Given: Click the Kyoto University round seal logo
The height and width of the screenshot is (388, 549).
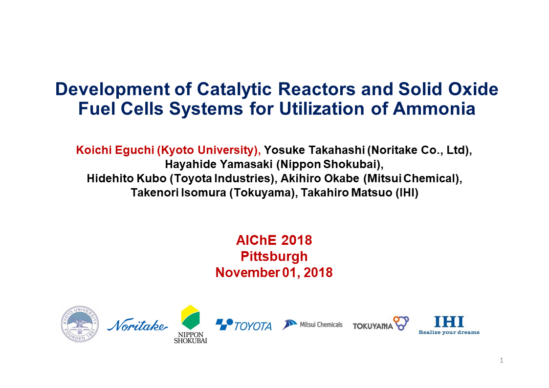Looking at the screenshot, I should pyautogui.click(x=80, y=324).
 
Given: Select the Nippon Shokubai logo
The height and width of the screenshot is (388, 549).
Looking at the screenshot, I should pyautogui.click(x=190, y=324).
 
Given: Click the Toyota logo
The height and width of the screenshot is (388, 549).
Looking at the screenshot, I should pyautogui.click(x=243, y=325).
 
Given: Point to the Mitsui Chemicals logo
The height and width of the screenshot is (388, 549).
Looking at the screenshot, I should pyautogui.click(x=312, y=324).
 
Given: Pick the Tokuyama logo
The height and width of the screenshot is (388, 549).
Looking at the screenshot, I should pyautogui.click(x=380, y=324).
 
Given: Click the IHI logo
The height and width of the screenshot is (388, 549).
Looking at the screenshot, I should pyautogui.click(x=449, y=325).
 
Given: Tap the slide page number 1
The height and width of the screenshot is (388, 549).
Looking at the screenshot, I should pyautogui.click(x=502, y=361).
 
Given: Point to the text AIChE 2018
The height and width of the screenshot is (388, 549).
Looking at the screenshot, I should pyautogui.click(x=274, y=240).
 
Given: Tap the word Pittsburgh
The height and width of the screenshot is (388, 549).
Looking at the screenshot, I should pyautogui.click(x=274, y=256).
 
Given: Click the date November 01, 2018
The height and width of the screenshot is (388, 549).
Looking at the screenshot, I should pyautogui.click(x=274, y=272).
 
